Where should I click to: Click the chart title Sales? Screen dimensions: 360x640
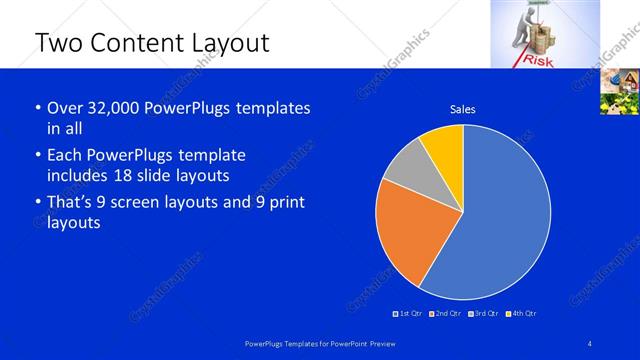click(462, 109)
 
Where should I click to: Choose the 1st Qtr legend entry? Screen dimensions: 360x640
click(407, 314)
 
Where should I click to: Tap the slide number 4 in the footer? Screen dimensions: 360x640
click(590, 344)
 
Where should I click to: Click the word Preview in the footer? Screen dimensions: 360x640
click(381, 344)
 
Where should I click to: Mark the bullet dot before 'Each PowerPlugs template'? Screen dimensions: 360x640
click(38, 156)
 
